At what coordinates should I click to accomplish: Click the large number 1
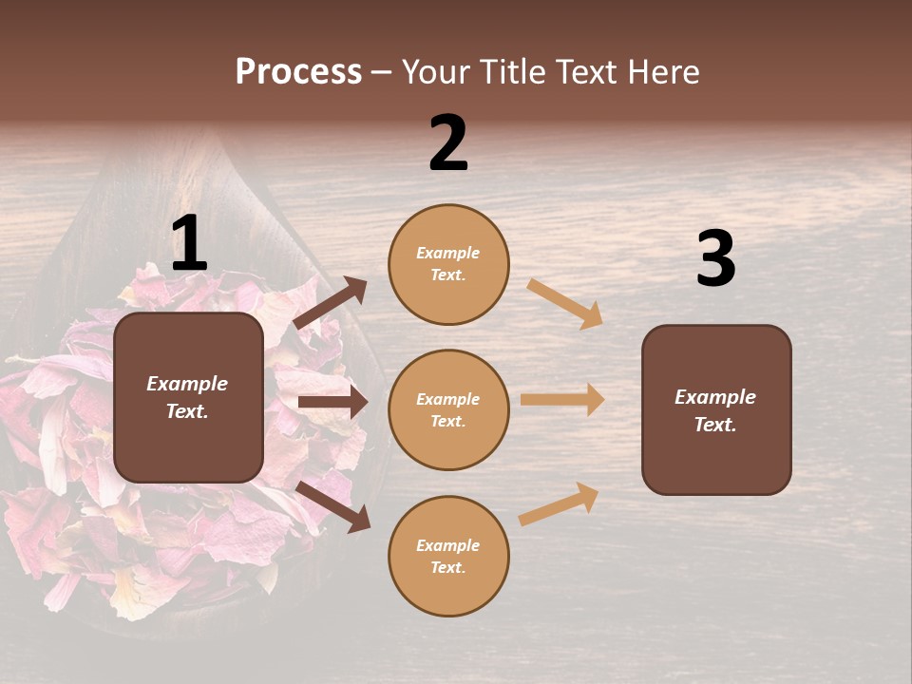(x=189, y=244)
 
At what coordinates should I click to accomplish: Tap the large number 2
(x=448, y=143)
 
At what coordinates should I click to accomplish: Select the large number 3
(x=715, y=259)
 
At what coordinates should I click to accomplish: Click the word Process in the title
(x=298, y=71)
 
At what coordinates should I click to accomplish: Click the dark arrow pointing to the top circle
(x=332, y=303)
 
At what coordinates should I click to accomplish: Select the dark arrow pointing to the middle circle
(x=333, y=403)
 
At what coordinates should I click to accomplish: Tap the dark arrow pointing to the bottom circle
(x=333, y=506)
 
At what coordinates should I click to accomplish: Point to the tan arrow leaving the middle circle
(x=562, y=400)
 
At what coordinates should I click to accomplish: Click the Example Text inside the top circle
(x=448, y=264)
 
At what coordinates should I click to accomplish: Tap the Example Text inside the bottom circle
(x=448, y=557)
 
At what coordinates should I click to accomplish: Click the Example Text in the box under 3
(x=715, y=410)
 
